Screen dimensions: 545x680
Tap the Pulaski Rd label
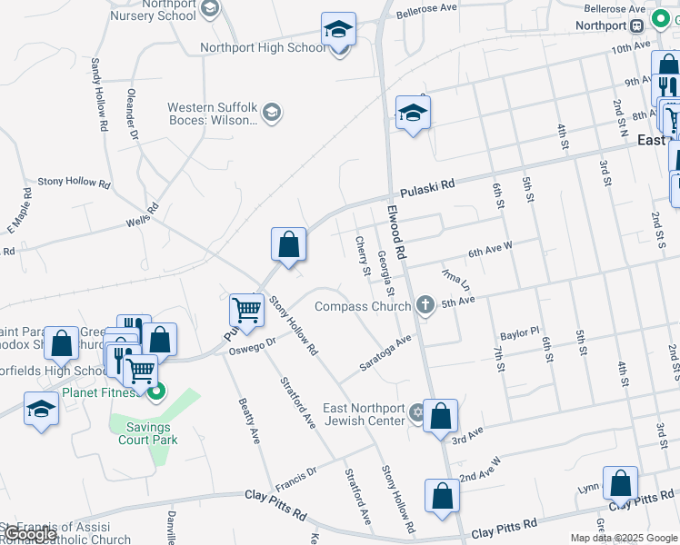(x=427, y=187)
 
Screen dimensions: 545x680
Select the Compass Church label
(x=362, y=306)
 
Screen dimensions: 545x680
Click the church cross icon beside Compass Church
(x=424, y=305)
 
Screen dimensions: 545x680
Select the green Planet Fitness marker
(x=156, y=392)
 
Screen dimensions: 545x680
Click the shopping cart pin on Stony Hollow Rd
(x=246, y=311)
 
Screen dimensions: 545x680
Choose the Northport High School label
(x=263, y=47)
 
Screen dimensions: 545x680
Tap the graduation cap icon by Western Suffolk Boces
(x=271, y=113)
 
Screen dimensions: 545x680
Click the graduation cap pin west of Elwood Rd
(x=413, y=114)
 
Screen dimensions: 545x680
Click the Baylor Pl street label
(x=519, y=333)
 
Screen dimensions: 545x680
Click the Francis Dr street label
(x=296, y=473)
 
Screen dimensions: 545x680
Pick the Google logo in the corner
(x=29, y=534)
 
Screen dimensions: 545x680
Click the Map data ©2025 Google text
(x=623, y=538)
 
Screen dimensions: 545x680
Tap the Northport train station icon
(x=636, y=25)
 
